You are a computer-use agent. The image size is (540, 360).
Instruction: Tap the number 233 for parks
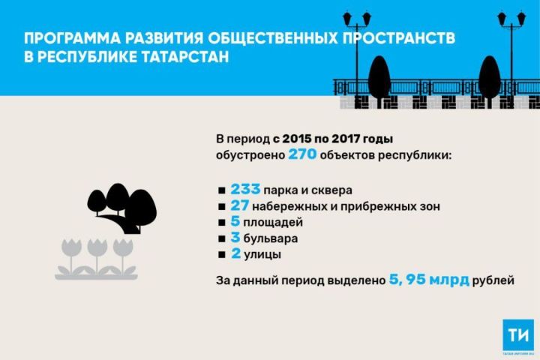pos(247,189)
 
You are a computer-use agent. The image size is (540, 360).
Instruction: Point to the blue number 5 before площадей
pos(235,222)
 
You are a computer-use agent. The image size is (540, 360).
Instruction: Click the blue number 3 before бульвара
pos(235,238)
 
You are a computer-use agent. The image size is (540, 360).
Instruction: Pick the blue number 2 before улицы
pos(235,255)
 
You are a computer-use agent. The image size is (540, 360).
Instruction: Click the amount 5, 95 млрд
pos(429,280)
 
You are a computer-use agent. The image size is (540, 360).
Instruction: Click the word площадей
pos(272,223)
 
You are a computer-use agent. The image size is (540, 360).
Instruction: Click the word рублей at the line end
pos(494,281)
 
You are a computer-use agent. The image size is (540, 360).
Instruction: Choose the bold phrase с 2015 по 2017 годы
pos(333,139)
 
